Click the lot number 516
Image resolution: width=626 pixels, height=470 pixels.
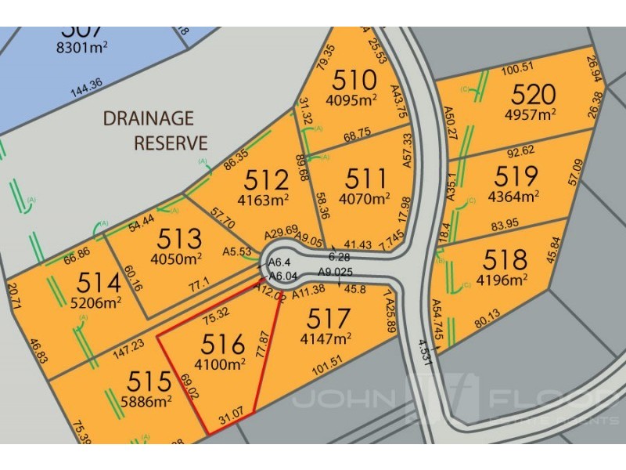coord(224,343)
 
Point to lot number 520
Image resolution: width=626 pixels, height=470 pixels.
coord(534,95)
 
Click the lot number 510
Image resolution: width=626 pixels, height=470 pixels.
coord(356,80)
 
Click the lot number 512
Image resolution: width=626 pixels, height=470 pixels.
coord(267,180)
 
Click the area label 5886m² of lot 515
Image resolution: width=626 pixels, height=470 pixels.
coord(148,403)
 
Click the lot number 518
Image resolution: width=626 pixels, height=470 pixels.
coord(505,259)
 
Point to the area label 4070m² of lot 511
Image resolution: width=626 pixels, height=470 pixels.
coord(365,199)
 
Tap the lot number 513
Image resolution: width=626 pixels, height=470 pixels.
coord(180,239)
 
